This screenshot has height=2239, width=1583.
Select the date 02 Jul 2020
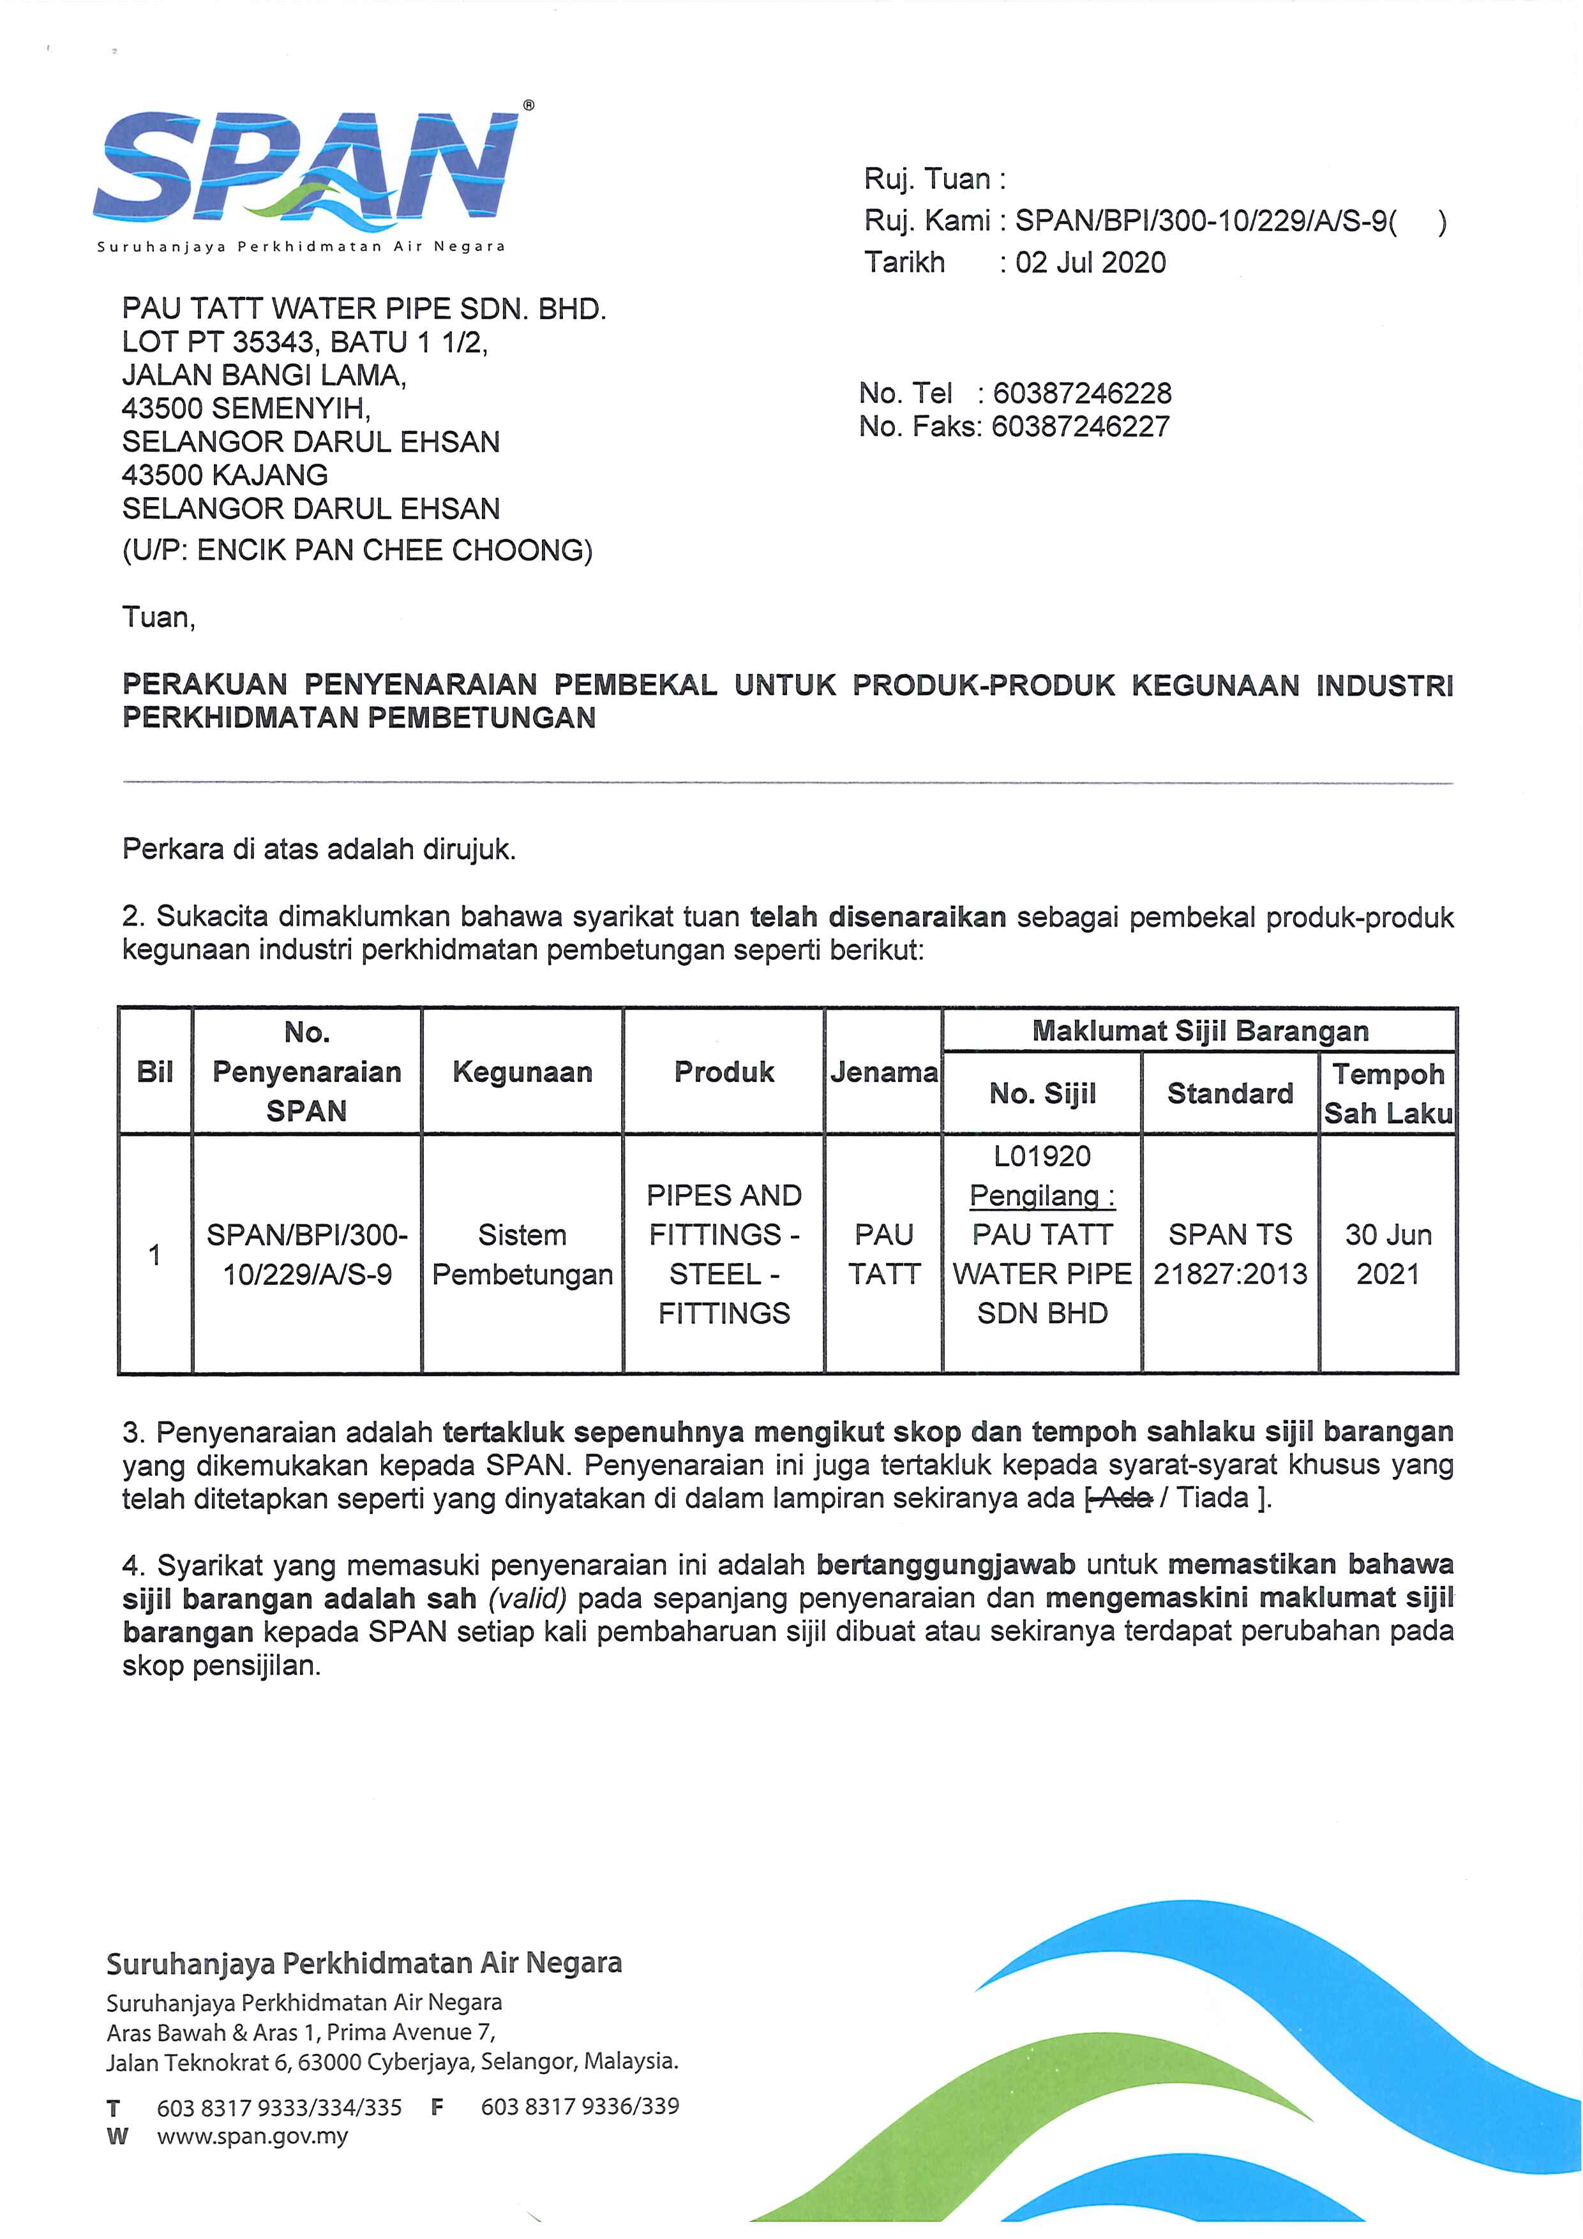pyautogui.click(x=1090, y=262)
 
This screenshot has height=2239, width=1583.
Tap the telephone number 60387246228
pyautogui.click(x=1082, y=393)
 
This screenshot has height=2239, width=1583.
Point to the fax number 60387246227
pyautogui.click(x=1081, y=426)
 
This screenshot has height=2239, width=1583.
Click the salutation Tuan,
pyautogui.click(x=158, y=617)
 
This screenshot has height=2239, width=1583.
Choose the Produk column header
pyautogui.click(x=724, y=1072)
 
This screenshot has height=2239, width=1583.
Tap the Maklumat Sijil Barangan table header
pyautogui.click(x=1199, y=1031)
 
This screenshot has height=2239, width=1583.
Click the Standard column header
pyautogui.click(x=1230, y=1093)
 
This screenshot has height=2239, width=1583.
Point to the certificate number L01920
pyautogui.click(x=1042, y=1157)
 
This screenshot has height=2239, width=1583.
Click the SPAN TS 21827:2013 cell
pyautogui.click(x=1230, y=1254)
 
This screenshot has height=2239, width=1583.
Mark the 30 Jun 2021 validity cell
pyautogui.click(x=1388, y=1254)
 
